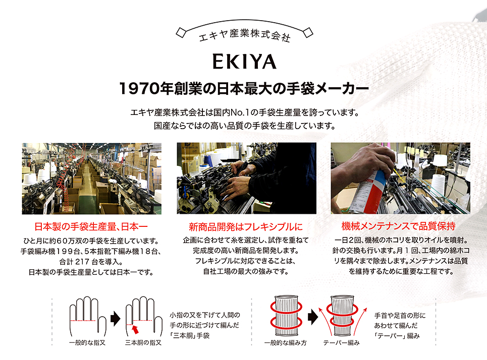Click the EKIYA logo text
(244, 62)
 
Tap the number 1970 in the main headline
(139, 88)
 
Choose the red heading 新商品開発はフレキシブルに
(246, 226)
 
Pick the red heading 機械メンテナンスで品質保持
(399, 226)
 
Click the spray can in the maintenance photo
(370, 193)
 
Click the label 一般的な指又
(87, 343)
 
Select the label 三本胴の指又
(143, 343)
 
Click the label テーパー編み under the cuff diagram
(341, 343)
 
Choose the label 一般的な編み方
(286, 343)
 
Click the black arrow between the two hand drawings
(115, 319)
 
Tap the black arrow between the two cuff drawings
(313, 317)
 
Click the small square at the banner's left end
(181, 33)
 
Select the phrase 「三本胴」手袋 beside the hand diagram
(189, 335)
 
